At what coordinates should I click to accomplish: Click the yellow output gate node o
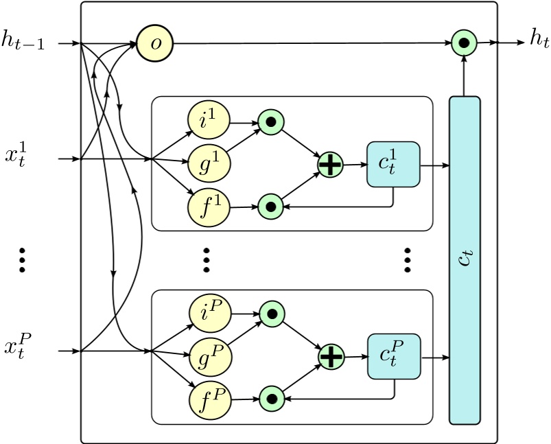point(154,44)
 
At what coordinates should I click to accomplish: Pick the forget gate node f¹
point(209,205)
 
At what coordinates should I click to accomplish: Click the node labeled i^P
point(210,314)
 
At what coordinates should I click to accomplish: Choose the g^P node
point(210,356)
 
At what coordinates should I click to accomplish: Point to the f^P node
point(210,397)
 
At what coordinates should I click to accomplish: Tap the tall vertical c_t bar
point(465,260)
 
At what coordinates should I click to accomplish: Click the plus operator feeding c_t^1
point(330,165)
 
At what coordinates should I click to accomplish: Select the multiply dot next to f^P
point(272,397)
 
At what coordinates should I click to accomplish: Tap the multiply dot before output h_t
point(465,44)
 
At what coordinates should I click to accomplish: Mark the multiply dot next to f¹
point(270,205)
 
